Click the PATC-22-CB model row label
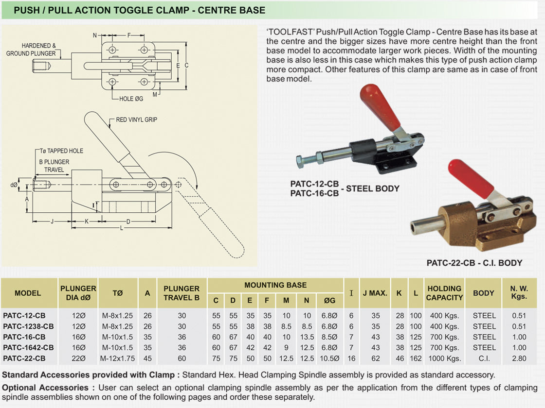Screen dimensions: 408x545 coord(24,358)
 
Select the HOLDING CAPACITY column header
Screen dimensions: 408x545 coord(444,293)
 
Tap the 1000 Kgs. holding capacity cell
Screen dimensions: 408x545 coord(444,358)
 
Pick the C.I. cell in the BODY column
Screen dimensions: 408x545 coord(484,358)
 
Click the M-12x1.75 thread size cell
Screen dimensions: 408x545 coord(118,358)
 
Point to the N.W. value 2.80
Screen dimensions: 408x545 coord(519,358)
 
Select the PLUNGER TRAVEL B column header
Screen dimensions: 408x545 coord(182,293)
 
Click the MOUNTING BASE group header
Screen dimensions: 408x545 coord(275,285)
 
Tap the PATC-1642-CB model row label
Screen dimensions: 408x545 coord(28,348)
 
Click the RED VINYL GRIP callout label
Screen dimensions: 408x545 coord(136,119)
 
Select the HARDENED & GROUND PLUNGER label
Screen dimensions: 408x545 coord(31,50)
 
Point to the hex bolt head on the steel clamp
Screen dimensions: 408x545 coord(300,161)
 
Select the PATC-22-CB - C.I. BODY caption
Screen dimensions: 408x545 coord(474,263)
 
